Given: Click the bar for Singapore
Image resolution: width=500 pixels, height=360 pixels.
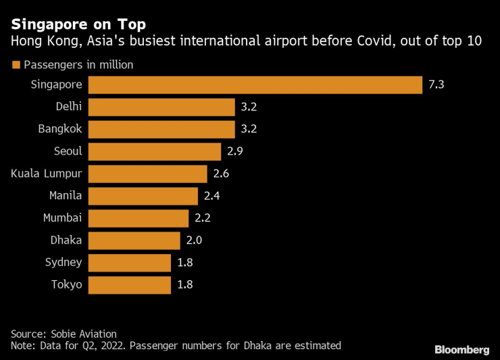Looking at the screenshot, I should [x=255, y=84].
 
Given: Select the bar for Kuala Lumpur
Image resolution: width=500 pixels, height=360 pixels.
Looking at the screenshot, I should [x=147, y=174].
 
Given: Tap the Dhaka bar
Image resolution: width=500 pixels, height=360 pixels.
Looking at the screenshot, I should [x=134, y=240].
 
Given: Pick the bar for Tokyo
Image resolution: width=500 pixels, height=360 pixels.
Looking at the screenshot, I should [x=130, y=284].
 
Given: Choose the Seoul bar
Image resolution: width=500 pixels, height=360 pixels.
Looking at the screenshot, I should [x=155, y=151].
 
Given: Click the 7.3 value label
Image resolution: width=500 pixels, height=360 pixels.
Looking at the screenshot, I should [x=436, y=84].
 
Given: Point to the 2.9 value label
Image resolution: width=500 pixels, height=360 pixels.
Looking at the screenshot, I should [x=234, y=151].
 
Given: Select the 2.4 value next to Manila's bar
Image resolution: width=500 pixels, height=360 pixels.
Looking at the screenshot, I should [x=211, y=196].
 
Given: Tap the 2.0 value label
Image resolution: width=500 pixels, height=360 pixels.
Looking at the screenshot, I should [x=193, y=240].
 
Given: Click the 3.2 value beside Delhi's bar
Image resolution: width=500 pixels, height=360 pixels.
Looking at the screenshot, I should [x=249, y=107].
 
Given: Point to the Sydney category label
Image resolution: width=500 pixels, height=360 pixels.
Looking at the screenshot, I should [x=63, y=262].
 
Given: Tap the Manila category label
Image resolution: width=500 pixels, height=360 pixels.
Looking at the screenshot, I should [x=66, y=196].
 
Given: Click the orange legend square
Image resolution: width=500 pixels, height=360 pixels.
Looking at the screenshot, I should [x=15, y=66].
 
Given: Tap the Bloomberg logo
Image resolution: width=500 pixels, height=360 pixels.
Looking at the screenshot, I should [x=461, y=350].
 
